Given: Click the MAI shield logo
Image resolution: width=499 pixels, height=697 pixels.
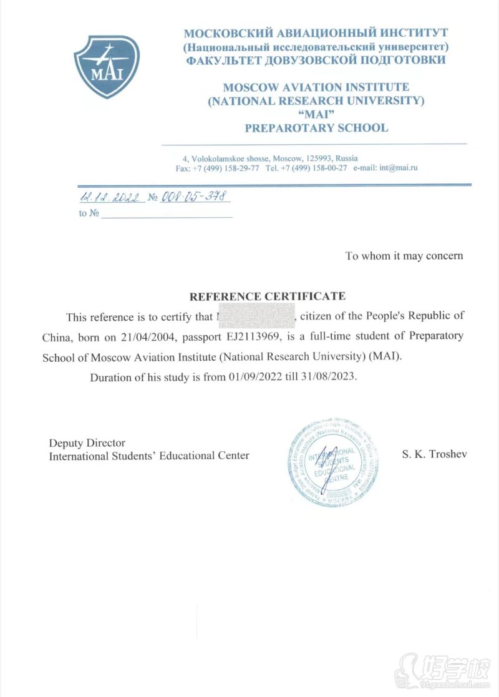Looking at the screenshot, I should click(x=107, y=66).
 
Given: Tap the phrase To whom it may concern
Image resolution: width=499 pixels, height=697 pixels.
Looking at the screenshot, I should click(x=404, y=256).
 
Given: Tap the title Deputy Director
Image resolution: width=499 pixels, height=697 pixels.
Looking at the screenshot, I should click(x=87, y=442).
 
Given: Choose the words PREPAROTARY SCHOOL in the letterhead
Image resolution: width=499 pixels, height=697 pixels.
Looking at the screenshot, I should click(x=316, y=128).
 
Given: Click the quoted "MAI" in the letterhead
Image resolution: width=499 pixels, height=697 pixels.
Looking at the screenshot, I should click(x=317, y=114).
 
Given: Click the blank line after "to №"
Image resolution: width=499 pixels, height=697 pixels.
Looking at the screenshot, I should click(x=167, y=214).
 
